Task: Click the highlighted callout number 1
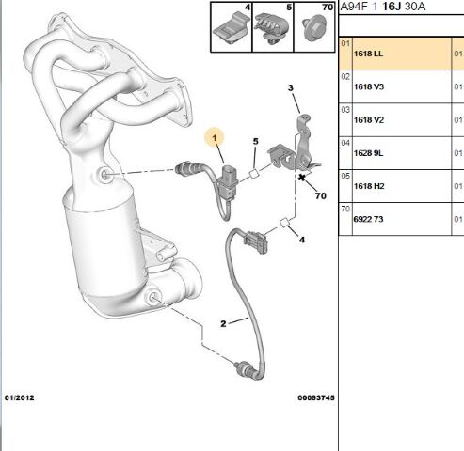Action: [x=215, y=138]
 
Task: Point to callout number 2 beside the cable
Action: [x=223, y=324]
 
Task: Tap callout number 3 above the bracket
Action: [x=291, y=88]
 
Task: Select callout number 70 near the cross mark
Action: [x=321, y=196]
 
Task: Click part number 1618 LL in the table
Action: [x=368, y=54]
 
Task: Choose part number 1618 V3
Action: [x=369, y=86]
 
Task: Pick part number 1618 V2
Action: [x=369, y=120]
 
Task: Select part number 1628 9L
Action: [x=368, y=153]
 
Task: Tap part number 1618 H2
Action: [x=369, y=186]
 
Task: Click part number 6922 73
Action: [x=368, y=219]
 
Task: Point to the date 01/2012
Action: [x=19, y=397]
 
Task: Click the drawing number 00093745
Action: [x=316, y=397]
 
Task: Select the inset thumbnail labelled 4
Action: [x=232, y=27]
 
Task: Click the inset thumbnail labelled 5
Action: [x=273, y=27]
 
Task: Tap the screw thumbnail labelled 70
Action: [x=314, y=27]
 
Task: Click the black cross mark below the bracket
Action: [x=302, y=178]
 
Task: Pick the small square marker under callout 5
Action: [x=254, y=173]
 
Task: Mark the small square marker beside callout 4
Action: [x=284, y=223]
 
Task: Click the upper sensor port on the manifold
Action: [x=104, y=174]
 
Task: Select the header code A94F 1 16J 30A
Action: [x=383, y=7]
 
